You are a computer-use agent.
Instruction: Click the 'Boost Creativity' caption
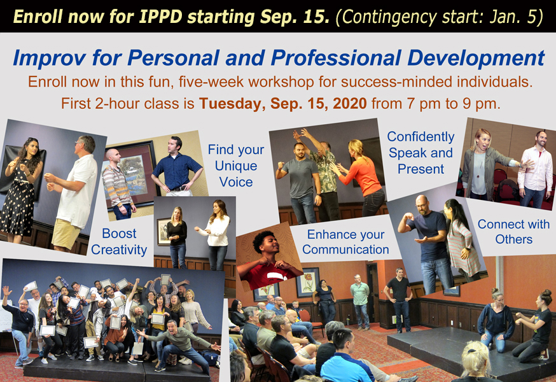pyautogui.click(x=119, y=241)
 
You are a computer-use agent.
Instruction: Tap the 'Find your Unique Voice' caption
pyautogui.click(x=236, y=166)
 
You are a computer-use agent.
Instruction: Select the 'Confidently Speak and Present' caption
pyautogui.click(x=420, y=153)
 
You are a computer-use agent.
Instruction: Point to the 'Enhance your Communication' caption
pyautogui.click(x=345, y=242)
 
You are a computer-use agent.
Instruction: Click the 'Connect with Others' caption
pyautogui.click(x=513, y=232)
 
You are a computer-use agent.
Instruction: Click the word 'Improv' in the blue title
pyautogui.click(x=49, y=58)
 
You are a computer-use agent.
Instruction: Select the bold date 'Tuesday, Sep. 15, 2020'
pyautogui.click(x=283, y=104)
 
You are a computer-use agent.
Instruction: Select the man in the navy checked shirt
pyautogui.click(x=176, y=166)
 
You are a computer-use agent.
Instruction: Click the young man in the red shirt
pyautogui.click(x=268, y=261)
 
